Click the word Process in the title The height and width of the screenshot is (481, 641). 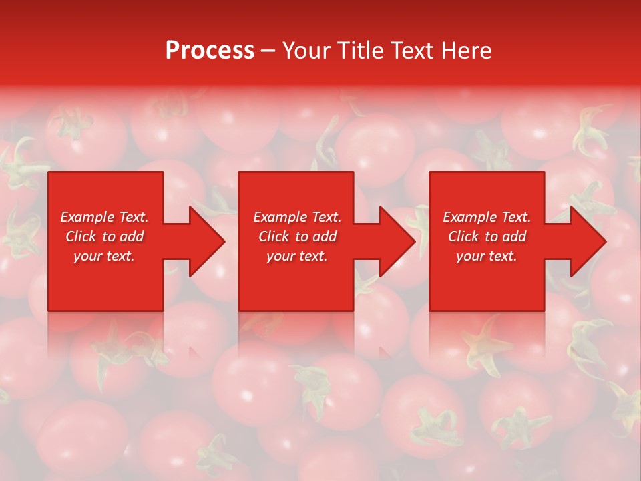pyautogui.click(x=210, y=51)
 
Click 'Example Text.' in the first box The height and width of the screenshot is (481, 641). pyautogui.click(x=104, y=217)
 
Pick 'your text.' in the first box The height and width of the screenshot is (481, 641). pyautogui.click(x=104, y=256)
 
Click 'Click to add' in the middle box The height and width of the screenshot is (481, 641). pyautogui.click(x=297, y=236)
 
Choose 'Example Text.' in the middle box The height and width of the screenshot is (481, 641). pyautogui.click(x=297, y=217)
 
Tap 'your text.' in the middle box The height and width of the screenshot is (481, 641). pyautogui.click(x=297, y=256)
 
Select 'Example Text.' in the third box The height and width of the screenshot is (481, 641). pyautogui.click(x=487, y=217)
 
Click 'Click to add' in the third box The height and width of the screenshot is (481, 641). pyautogui.click(x=487, y=236)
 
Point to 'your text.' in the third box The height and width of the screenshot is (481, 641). pyautogui.click(x=487, y=256)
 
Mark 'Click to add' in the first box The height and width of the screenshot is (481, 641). pyautogui.click(x=104, y=236)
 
